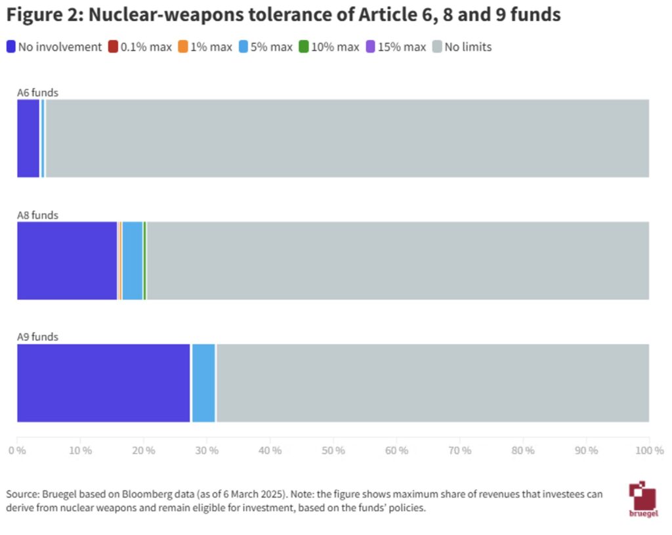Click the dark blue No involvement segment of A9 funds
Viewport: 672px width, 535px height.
(103, 383)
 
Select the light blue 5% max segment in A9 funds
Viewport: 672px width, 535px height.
(203, 383)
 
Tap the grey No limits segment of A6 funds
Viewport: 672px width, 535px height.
(346, 139)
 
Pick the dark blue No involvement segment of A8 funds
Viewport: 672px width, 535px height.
(67, 261)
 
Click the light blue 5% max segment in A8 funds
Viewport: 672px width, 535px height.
(133, 261)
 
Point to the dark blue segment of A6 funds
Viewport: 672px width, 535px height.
(28, 139)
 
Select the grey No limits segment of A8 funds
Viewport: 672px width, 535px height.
(397, 261)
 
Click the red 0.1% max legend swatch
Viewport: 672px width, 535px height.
(113, 47)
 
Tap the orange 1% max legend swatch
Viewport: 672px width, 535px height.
(183, 47)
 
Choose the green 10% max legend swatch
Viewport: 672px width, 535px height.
(304, 47)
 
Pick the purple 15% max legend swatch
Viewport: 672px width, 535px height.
(369, 47)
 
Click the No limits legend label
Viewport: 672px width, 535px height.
(468, 47)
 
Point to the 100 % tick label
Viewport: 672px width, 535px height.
(650, 450)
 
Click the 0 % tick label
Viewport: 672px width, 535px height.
(17, 450)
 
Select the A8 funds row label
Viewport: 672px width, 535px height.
(37, 215)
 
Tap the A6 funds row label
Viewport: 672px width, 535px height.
(37, 93)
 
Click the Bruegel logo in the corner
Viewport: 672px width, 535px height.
(641, 499)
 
